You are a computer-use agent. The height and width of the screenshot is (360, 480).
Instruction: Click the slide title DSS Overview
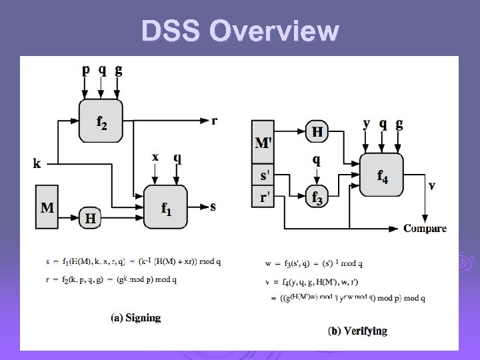[239, 31]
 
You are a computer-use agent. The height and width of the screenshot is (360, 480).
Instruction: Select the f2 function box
[100, 121]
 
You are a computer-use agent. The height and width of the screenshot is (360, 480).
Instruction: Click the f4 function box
[381, 175]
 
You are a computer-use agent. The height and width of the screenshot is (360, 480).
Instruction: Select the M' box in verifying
[264, 142]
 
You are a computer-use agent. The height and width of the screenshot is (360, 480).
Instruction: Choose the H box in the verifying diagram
[318, 132]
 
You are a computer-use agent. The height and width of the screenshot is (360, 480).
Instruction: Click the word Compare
[425, 228]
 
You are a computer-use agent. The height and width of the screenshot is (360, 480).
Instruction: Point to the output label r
[214, 121]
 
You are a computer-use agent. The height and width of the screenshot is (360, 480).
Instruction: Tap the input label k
[36, 162]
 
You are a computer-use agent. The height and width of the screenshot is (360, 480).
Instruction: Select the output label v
[432, 186]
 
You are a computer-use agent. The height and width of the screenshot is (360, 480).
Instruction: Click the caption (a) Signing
[136, 317]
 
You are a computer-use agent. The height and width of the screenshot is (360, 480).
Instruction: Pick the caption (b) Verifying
[357, 331]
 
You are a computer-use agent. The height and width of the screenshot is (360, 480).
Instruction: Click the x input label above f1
[155, 157]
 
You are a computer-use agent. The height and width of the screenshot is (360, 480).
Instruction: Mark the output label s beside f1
[213, 206]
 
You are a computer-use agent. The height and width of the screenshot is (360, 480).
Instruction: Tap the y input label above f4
[367, 123]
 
